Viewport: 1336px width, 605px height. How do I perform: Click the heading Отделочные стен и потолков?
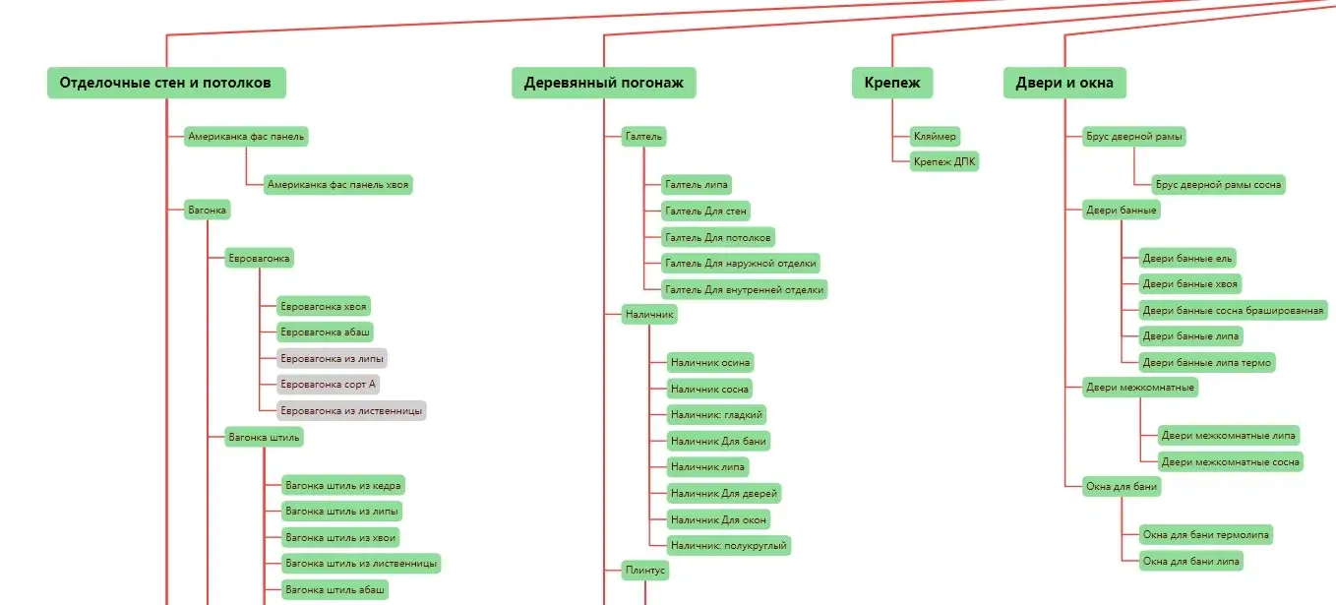pyautogui.click(x=165, y=83)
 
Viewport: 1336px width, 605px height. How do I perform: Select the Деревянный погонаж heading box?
pyautogui.click(x=603, y=83)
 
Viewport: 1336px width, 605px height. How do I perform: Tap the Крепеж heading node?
pyautogui.click(x=892, y=83)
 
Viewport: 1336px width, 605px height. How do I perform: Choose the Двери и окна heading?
pyautogui.click(x=1064, y=83)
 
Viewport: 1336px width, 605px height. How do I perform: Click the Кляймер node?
pyautogui.click(x=935, y=136)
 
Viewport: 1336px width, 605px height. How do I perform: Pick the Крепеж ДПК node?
pyautogui.click(x=944, y=161)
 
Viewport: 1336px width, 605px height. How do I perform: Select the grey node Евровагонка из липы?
pyautogui.click(x=332, y=358)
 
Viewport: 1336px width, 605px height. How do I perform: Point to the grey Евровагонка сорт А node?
pyautogui.click(x=328, y=384)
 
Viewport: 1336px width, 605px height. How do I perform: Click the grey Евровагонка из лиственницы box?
pyautogui.click(x=351, y=410)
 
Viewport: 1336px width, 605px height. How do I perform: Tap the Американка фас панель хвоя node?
pyautogui.click(x=337, y=184)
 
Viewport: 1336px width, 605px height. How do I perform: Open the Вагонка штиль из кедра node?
pyautogui.click(x=343, y=485)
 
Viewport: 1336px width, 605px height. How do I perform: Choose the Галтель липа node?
pyautogui.click(x=696, y=184)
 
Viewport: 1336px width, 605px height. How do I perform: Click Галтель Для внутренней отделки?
pyautogui.click(x=744, y=289)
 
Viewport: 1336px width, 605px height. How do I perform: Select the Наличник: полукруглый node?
pyautogui.click(x=728, y=544)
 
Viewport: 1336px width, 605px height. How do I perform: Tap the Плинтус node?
pyautogui.click(x=645, y=570)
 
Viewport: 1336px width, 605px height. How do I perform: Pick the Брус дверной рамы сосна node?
pyautogui.click(x=1218, y=184)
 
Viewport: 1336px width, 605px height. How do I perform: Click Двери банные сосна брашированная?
pyautogui.click(x=1233, y=311)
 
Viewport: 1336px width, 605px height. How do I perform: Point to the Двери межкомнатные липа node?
pyautogui.click(x=1230, y=435)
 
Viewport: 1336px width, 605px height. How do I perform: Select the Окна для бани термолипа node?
pyautogui.click(x=1205, y=535)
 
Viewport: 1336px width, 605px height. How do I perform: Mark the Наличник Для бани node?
pyautogui.click(x=717, y=440)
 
